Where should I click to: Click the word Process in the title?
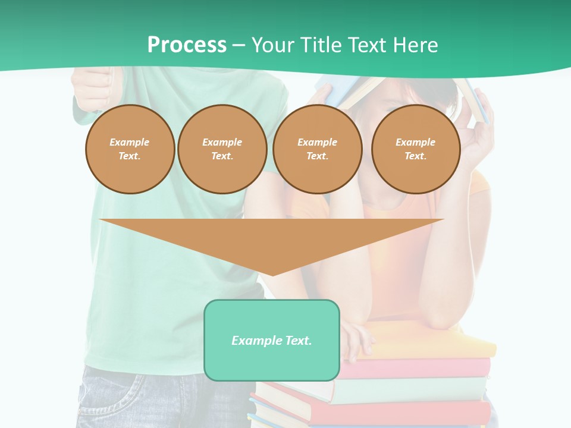pyautogui.click(x=187, y=45)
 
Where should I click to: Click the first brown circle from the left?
pyautogui.click(x=130, y=149)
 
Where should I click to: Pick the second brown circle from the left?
pyautogui.click(x=222, y=149)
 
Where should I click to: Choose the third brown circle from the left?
pyautogui.click(x=318, y=149)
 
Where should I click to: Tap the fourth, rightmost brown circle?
pyautogui.click(x=416, y=149)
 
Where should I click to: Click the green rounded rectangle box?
pyautogui.click(x=272, y=340)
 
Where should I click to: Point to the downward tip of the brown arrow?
pyautogui.click(x=272, y=274)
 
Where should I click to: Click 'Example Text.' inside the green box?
pyautogui.click(x=272, y=341)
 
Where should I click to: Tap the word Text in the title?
pyautogui.click(x=368, y=45)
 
